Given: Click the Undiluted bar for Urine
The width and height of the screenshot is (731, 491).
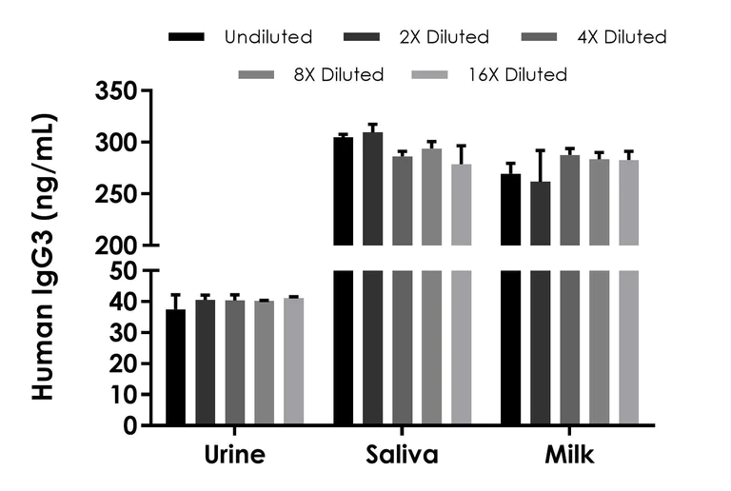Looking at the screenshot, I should [175, 367].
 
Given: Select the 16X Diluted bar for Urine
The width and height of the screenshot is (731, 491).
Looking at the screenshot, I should [293, 362].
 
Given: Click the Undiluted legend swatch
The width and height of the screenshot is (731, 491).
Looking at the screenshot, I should [188, 37].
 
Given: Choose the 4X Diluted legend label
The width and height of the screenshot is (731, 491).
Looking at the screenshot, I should [622, 37].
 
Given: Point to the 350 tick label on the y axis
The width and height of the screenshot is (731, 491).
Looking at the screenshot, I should [115, 91].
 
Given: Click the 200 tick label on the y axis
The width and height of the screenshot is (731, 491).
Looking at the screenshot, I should [115, 245].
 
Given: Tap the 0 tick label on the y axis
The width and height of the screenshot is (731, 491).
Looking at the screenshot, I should [131, 425].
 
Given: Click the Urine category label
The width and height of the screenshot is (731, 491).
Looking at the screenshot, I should [233, 456].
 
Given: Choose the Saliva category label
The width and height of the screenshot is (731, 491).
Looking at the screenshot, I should [402, 456].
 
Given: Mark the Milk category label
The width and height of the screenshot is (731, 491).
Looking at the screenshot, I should [569, 456].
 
